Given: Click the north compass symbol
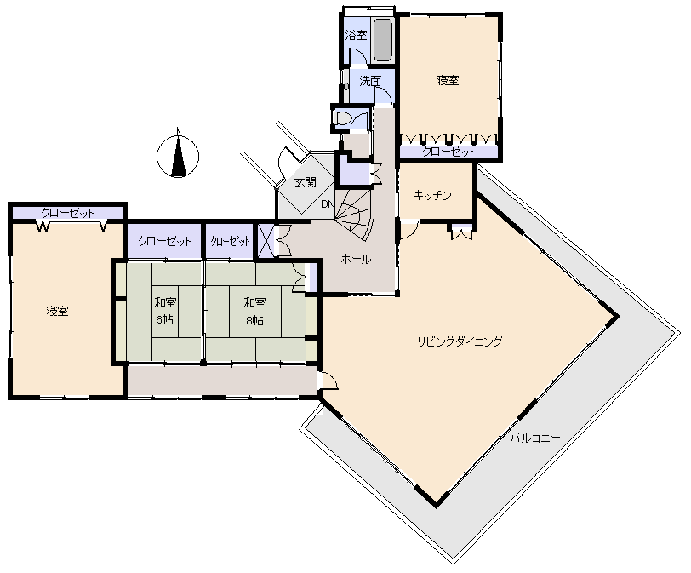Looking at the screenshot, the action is click(x=178, y=155).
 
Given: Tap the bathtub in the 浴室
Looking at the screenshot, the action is click(x=383, y=40).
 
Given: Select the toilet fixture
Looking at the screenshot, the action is click(x=342, y=118).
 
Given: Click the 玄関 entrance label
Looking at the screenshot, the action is click(x=305, y=181).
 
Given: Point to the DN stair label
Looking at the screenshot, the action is click(x=328, y=204).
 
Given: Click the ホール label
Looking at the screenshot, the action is click(x=356, y=259).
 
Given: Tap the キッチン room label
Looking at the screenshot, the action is click(x=433, y=195).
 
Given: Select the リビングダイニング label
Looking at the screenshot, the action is click(x=460, y=341).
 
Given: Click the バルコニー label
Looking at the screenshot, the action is click(x=535, y=438).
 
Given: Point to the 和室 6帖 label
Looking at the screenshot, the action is click(x=165, y=311).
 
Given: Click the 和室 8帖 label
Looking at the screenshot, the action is click(x=254, y=311).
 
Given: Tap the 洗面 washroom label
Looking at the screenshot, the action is click(x=370, y=81).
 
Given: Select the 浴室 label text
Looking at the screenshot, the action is click(x=356, y=35).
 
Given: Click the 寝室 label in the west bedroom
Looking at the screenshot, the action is click(x=57, y=311).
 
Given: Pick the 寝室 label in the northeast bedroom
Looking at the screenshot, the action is click(x=448, y=80).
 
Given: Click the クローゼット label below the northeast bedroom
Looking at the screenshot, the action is click(x=449, y=152).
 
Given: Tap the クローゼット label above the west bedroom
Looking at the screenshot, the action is click(x=67, y=213).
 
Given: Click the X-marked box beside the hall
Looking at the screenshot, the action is click(x=266, y=241).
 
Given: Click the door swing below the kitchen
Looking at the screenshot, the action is click(x=409, y=230).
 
